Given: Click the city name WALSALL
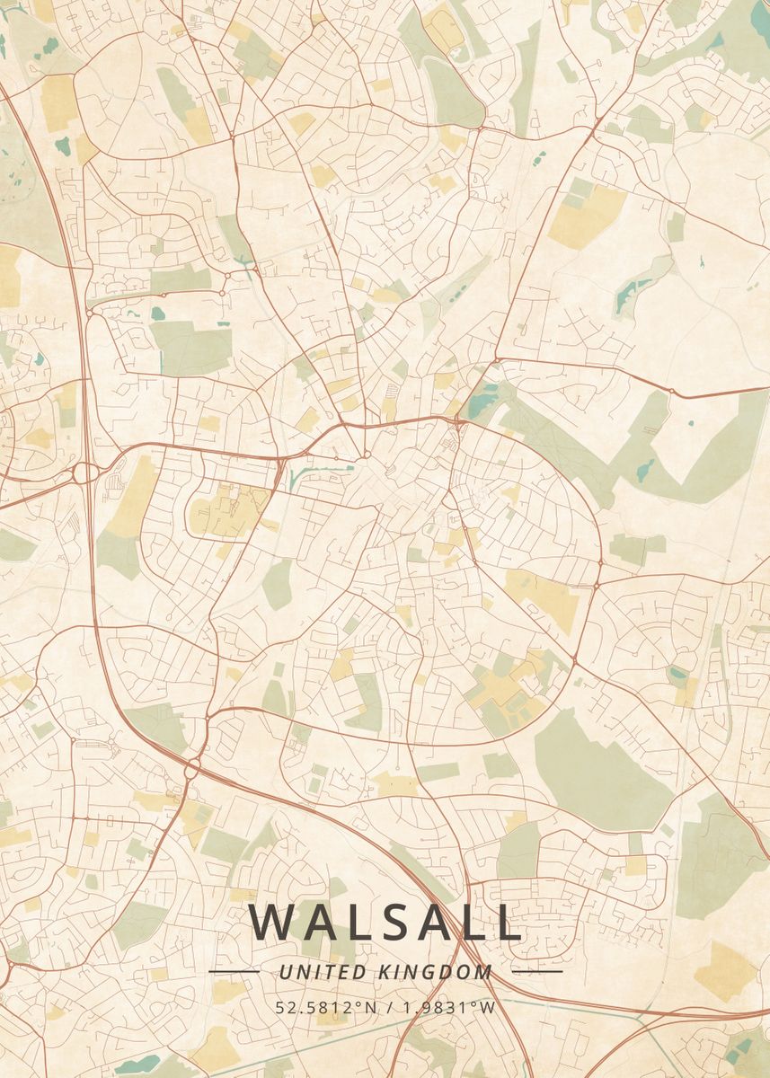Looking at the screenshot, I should click(x=385, y=922).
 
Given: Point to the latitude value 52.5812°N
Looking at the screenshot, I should click(x=327, y=1007).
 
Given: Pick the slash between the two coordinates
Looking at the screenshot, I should click(x=387, y=1007).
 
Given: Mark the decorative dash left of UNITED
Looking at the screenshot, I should click(x=234, y=971).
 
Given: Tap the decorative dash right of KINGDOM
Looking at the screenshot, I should click(x=536, y=971).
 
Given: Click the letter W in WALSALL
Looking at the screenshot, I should click(x=269, y=922).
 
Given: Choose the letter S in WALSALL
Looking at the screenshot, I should click(x=384, y=922).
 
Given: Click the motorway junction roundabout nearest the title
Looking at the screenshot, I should click(x=192, y=768).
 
